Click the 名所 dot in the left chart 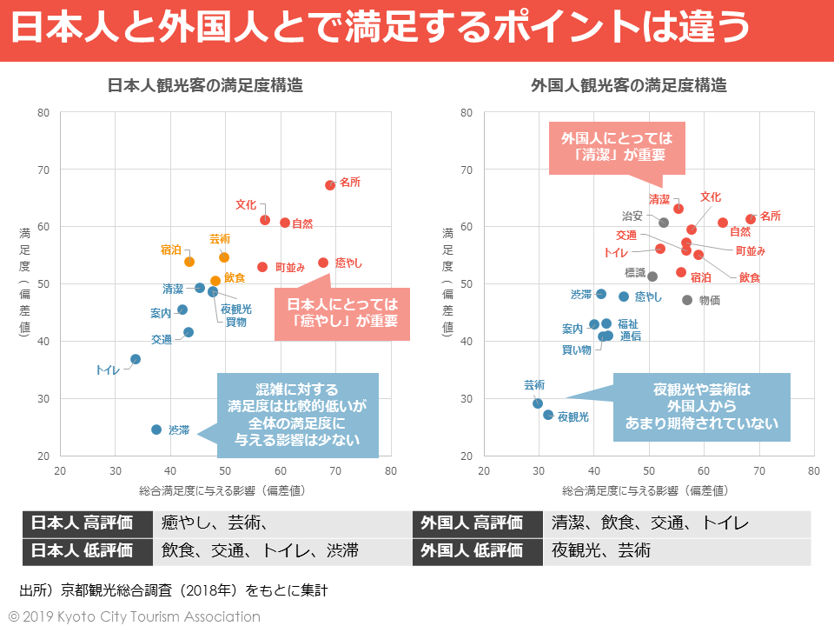(330, 185)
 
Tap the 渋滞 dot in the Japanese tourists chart (156, 430)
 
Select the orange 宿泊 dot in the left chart (189, 262)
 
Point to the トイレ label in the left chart (108, 370)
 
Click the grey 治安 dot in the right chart (664, 223)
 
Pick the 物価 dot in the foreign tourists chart (687, 300)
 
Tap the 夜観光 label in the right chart (573, 417)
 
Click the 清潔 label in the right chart (659, 199)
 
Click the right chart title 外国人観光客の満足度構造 (629, 86)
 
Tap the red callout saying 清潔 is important (617, 147)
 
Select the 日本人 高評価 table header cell (83, 523)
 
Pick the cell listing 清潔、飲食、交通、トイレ (675, 523)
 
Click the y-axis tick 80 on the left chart (43, 112)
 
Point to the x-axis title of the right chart (645, 490)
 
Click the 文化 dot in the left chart (265, 220)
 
